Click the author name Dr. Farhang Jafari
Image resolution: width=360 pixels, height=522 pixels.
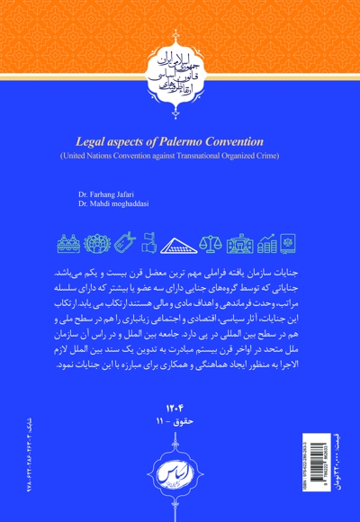pos(112,194)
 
